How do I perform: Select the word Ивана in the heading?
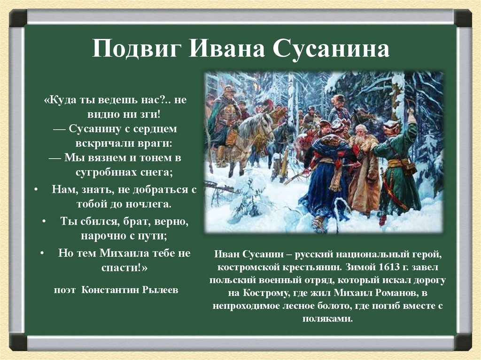coord(226,48)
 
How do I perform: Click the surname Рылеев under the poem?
coord(161,290)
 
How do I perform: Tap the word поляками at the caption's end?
coord(327,319)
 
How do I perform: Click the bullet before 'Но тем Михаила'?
coord(42,253)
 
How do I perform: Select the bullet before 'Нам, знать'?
coord(36,189)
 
